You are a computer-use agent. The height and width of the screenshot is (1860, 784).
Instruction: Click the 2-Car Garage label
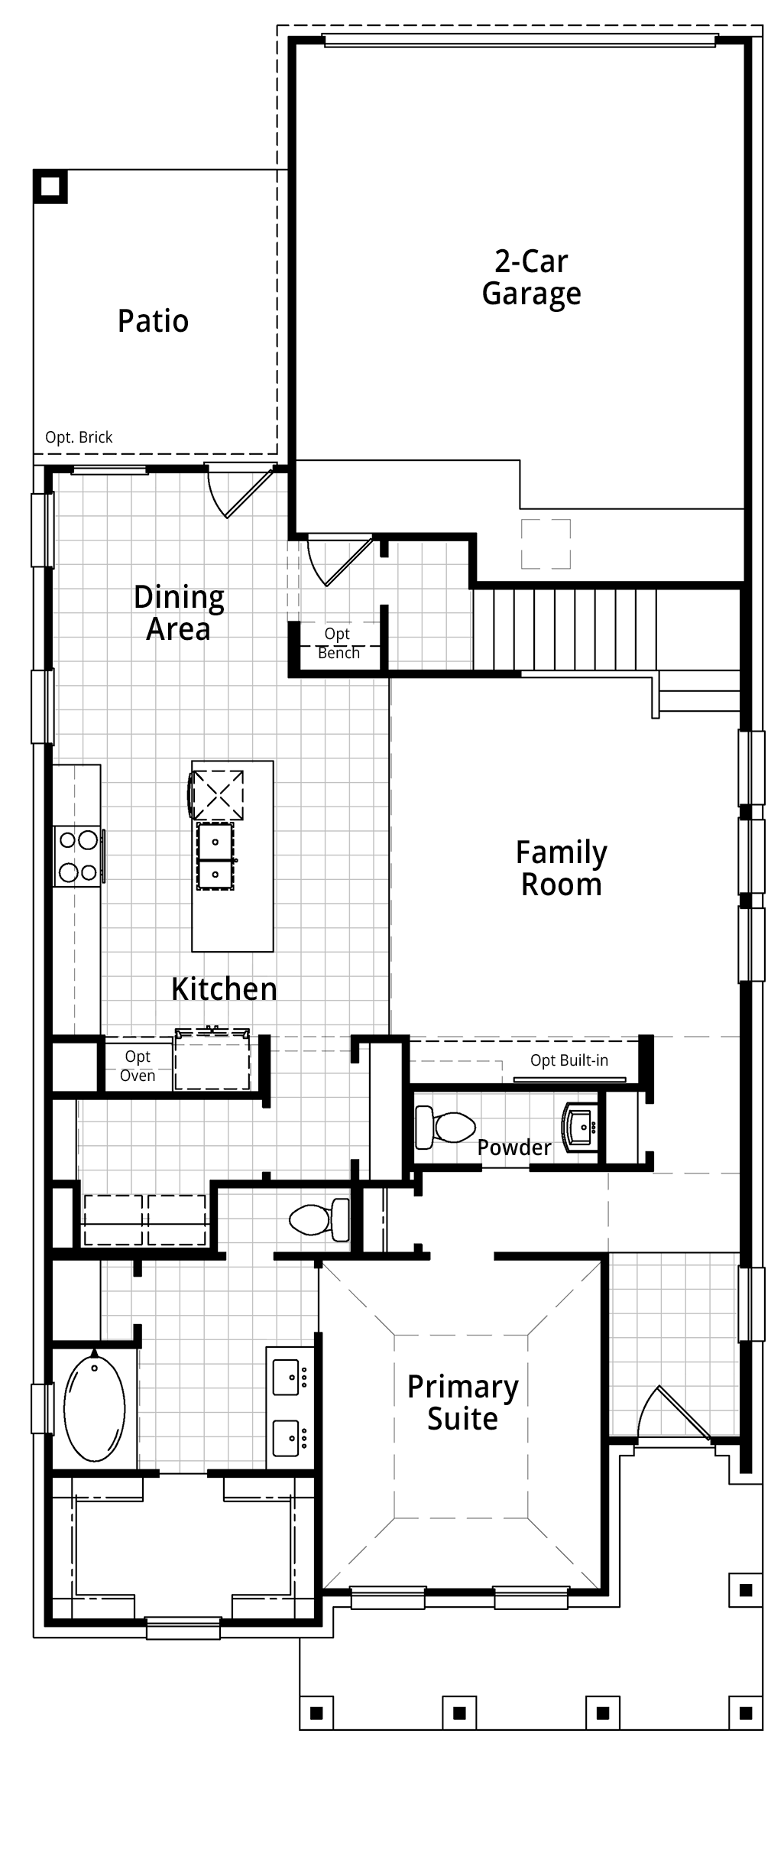click(531, 278)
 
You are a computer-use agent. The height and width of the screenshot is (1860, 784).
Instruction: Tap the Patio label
click(153, 321)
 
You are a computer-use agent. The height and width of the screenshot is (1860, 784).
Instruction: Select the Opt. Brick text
click(79, 437)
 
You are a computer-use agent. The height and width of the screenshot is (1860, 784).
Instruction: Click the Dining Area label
click(179, 613)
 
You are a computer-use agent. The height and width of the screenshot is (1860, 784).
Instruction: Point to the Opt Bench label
click(339, 644)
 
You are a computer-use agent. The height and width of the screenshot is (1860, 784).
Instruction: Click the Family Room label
click(562, 868)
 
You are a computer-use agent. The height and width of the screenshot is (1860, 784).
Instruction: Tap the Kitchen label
click(224, 989)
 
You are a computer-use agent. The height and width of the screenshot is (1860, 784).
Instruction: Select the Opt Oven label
click(138, 1066)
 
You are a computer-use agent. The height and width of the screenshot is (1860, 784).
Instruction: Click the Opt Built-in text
click(569, 1060)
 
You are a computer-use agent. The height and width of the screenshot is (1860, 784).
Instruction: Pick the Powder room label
click(514, 1147)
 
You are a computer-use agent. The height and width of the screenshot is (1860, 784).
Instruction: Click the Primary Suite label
click(463, 1402)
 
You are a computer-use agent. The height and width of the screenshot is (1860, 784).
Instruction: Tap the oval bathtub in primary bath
click(94, 1406)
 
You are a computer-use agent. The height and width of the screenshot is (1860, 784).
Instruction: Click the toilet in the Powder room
click(445, 1128)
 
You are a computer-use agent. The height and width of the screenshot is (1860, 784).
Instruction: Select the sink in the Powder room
click(581, 1127)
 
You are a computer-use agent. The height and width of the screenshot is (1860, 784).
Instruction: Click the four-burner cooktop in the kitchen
click(78, 856)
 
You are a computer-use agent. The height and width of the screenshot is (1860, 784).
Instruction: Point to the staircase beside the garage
click(565, 630)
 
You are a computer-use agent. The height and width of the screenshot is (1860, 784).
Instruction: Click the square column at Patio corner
click(50, 187)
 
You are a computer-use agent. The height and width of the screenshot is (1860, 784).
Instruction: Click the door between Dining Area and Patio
click(240, 492)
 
